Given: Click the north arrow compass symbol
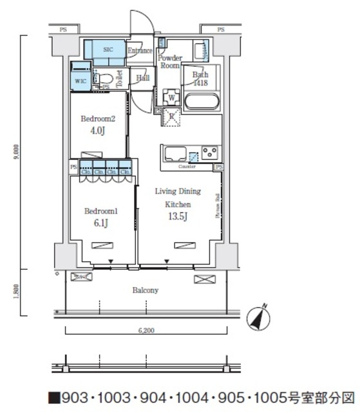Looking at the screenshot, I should click(260, 317).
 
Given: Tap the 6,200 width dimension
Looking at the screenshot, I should click(146, 330).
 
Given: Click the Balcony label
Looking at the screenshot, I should click(146, 290).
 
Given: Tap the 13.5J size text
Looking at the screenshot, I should click(178, 216).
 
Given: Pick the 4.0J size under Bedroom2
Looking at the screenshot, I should click(98, 131).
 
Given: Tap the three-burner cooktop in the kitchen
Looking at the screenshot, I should click(209, 153).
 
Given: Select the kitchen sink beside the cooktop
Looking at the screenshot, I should click(175, 154).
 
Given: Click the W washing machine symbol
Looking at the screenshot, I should click(172, 98).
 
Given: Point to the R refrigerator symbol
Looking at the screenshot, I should click(172, 117).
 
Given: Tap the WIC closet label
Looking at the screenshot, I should click(80, 81).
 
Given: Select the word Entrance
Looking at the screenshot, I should click(139, 51).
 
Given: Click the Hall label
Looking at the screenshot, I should click(143, 78).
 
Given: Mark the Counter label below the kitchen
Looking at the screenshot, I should click(187, 166).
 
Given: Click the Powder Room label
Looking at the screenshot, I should click(170, 62).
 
